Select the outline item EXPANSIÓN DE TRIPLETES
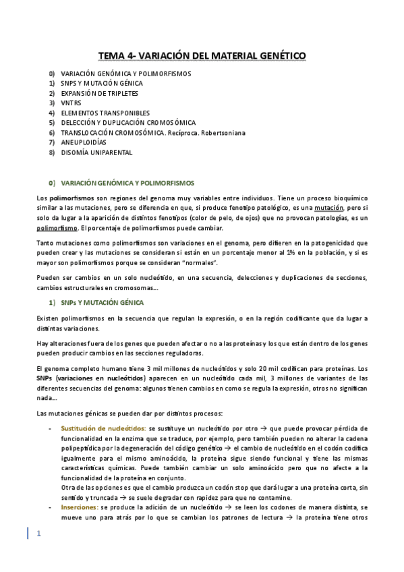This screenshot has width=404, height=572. click(x=92, y=93)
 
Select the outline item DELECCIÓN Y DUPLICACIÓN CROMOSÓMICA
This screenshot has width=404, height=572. click(x=127, y=123)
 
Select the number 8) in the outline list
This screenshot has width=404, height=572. click(x=51, y=152)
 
